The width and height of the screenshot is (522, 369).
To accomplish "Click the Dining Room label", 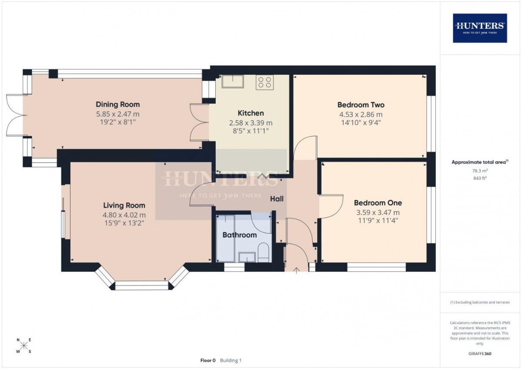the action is tap(118, 104).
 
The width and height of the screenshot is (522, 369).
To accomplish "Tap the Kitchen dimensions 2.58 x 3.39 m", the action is tap(251, 123).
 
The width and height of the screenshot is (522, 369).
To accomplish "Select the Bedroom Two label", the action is tap(361, 105).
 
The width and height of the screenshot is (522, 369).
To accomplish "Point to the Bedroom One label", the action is tap(378, 203).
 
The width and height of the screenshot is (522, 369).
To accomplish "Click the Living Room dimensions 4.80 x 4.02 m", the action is tap(124, 215).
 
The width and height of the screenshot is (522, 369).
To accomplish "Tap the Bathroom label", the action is tap(240, 235).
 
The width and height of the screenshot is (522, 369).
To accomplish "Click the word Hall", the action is tap(277, 199).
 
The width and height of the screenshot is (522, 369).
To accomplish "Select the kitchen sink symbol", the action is tap(233, 81).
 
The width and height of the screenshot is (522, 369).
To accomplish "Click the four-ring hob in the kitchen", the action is tap(264, 82).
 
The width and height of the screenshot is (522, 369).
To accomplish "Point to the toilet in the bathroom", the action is tap(264, 252).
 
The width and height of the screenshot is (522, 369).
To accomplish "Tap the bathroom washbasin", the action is tap(247, 257).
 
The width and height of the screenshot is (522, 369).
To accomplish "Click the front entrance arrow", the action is tap(296, 270).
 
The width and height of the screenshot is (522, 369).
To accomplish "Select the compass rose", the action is tap(24, 345).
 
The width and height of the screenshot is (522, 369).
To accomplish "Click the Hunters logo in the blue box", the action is tap(480, 28).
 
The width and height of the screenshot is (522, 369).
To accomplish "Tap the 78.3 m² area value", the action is tap(480, 171).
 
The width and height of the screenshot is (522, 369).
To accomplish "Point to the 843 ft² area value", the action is tap(480, 178).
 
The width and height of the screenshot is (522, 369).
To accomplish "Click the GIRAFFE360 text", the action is tap(480, 354).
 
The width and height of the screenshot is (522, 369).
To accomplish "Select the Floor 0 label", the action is tap(208, 360).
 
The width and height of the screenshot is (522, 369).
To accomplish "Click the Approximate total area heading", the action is tap(480, 162).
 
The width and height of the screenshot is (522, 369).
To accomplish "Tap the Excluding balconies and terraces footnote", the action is tap(480, 302).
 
